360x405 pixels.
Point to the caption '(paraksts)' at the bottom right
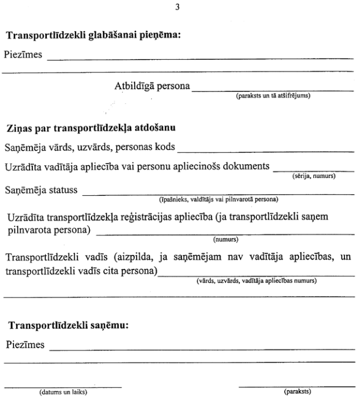[x=296, y=392]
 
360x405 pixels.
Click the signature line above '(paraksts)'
[x=296, y=385]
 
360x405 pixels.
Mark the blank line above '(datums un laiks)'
[x=63, y=385]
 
